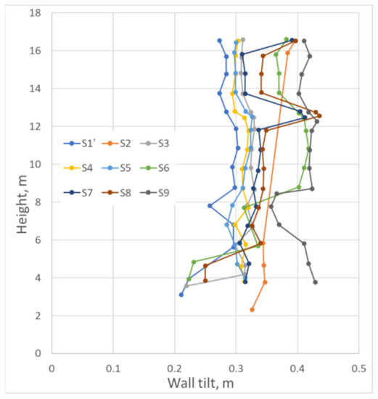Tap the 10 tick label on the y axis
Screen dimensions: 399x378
tap(36, 165)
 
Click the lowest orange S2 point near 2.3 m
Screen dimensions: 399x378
tap(252, 310)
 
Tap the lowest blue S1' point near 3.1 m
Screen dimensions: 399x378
tap(181, 295)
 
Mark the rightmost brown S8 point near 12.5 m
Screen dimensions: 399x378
tap(319, 116)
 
